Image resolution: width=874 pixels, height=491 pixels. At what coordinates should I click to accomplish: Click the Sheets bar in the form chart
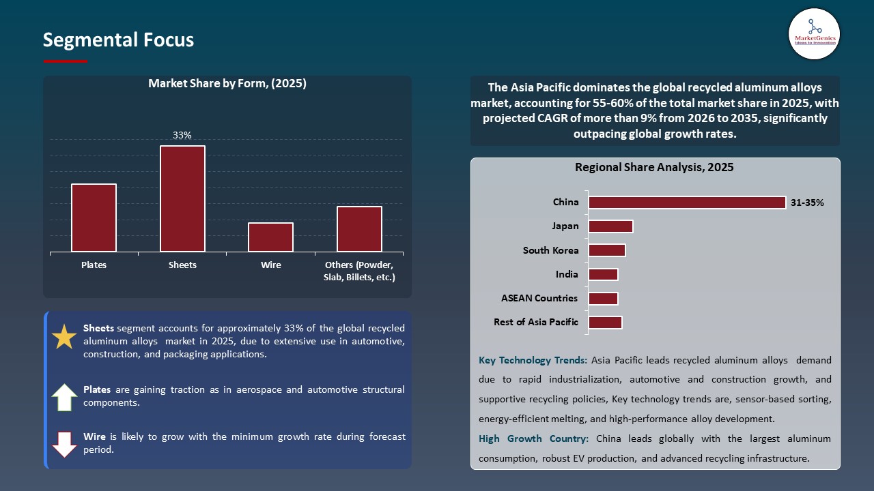coord(182,198)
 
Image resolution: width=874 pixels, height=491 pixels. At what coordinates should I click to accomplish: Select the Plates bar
coord(94,218)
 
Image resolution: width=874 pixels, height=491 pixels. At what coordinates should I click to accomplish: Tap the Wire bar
coord(270,237)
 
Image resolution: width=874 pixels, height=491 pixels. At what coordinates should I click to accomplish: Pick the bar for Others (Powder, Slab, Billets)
coord(359,228)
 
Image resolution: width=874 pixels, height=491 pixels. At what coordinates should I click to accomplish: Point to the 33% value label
coord(182,136)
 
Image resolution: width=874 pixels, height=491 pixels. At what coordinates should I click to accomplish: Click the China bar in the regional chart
coord(687,203)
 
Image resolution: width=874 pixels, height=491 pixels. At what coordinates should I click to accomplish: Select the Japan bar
coord(610,226)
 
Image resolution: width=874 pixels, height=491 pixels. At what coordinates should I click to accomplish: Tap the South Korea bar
coord(606,250)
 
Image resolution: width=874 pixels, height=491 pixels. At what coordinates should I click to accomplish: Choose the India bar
coord(603,274)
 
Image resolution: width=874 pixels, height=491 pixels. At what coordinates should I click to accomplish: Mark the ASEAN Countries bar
coord(603,299)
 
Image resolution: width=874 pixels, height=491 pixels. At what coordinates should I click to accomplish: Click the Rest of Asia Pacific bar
coord(605,323)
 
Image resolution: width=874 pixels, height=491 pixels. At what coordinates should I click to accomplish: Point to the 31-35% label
coord(807,203)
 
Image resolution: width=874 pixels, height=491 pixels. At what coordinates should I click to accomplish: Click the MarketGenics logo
coord(814,34)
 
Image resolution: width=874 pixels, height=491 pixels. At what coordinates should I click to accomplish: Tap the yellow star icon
coord(64,337)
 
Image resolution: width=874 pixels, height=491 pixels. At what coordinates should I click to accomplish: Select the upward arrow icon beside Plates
coord(64,397)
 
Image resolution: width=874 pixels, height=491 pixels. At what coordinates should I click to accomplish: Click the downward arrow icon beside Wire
coord(64,444)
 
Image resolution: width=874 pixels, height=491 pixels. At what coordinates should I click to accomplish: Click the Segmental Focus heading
coord(118,40)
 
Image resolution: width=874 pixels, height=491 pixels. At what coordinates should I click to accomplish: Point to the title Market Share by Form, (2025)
coord(227,84)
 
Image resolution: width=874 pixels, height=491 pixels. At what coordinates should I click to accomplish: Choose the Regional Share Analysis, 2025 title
coord(654,168)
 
